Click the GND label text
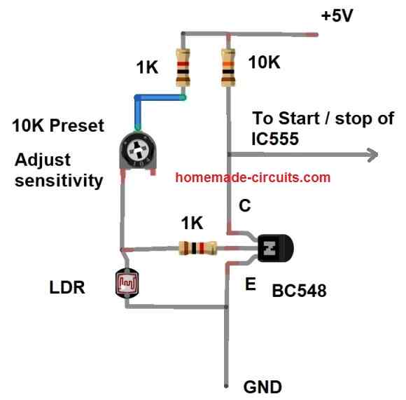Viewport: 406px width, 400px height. pyautogui.click(x=262, y=387)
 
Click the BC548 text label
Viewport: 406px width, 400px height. pyautogui.click(x=299, y=291)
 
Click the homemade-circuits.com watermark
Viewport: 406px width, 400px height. pyautogui.click(x=253, y=177)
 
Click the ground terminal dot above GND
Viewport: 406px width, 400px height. pyautogui.click(x=227, y=385)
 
